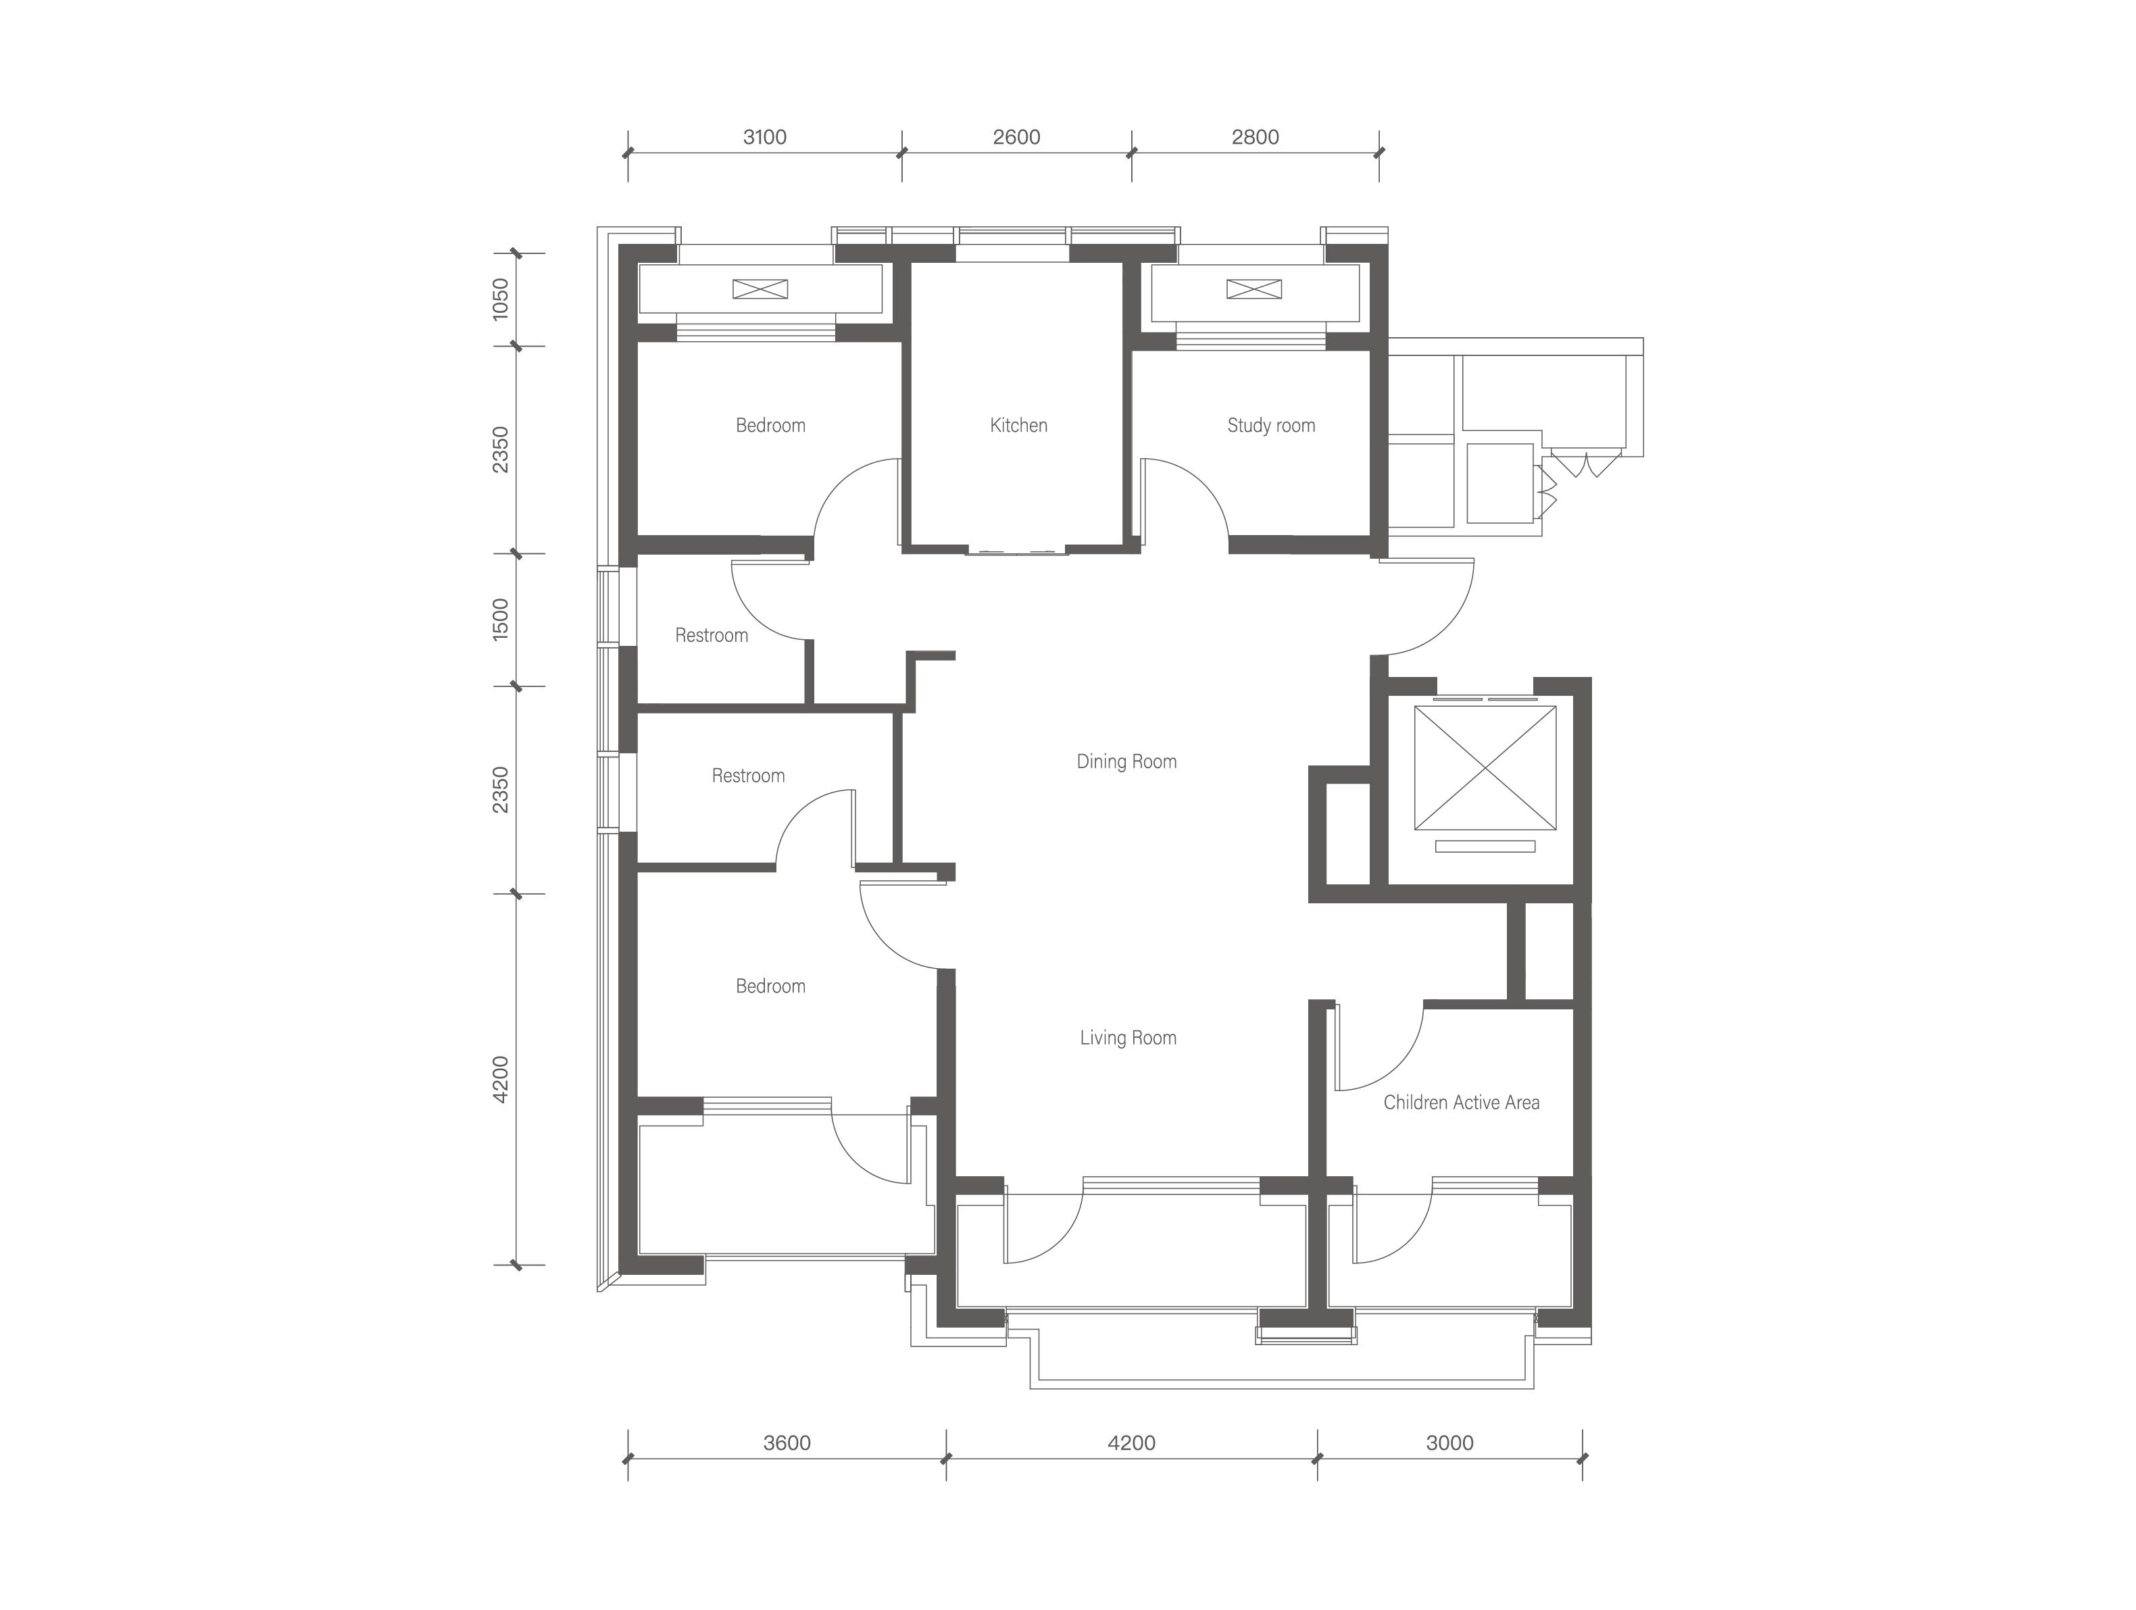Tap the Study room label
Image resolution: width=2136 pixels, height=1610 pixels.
click(1271, 426)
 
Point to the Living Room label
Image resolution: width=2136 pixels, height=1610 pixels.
click(1128, 1038)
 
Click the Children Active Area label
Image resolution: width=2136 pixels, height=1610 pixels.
click(1461, 1103)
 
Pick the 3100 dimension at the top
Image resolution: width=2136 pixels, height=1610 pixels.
click(765, 137)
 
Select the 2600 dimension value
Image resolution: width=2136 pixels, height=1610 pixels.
click(1017, 137)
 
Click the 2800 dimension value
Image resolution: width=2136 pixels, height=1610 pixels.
click(1256, 137)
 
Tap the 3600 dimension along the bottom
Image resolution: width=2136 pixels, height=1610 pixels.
click(787, 1443)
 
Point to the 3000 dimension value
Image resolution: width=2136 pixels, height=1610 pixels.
click(1449, 1443)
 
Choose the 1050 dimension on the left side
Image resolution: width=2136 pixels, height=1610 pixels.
click(500, 299)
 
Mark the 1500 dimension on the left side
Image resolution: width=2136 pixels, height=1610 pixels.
click(500, 620)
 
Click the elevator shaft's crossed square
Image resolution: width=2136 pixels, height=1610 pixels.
click(1485, 768)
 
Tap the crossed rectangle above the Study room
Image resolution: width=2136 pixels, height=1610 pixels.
click(1254, 288)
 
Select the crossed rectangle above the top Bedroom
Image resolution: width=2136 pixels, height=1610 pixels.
click(760, 288)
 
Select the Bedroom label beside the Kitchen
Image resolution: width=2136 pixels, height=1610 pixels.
click(770, 426)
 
